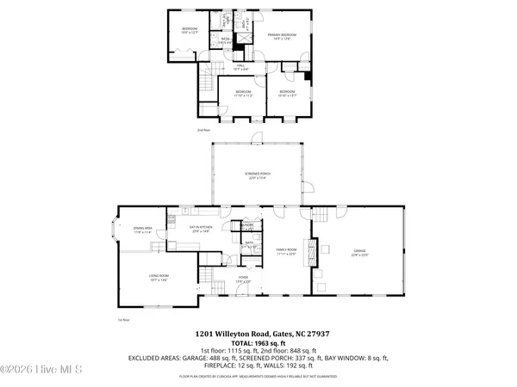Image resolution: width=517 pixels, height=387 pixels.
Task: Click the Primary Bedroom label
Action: [277, 36]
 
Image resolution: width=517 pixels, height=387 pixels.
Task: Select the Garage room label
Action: [359, 254]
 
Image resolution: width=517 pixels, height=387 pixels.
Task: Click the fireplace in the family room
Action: [324, 249]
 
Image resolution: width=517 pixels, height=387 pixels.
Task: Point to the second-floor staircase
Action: [206, 86]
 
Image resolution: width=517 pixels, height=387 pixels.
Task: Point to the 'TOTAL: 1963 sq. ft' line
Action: [258, 342]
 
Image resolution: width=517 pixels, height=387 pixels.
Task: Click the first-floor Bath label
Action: [248, 244]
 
